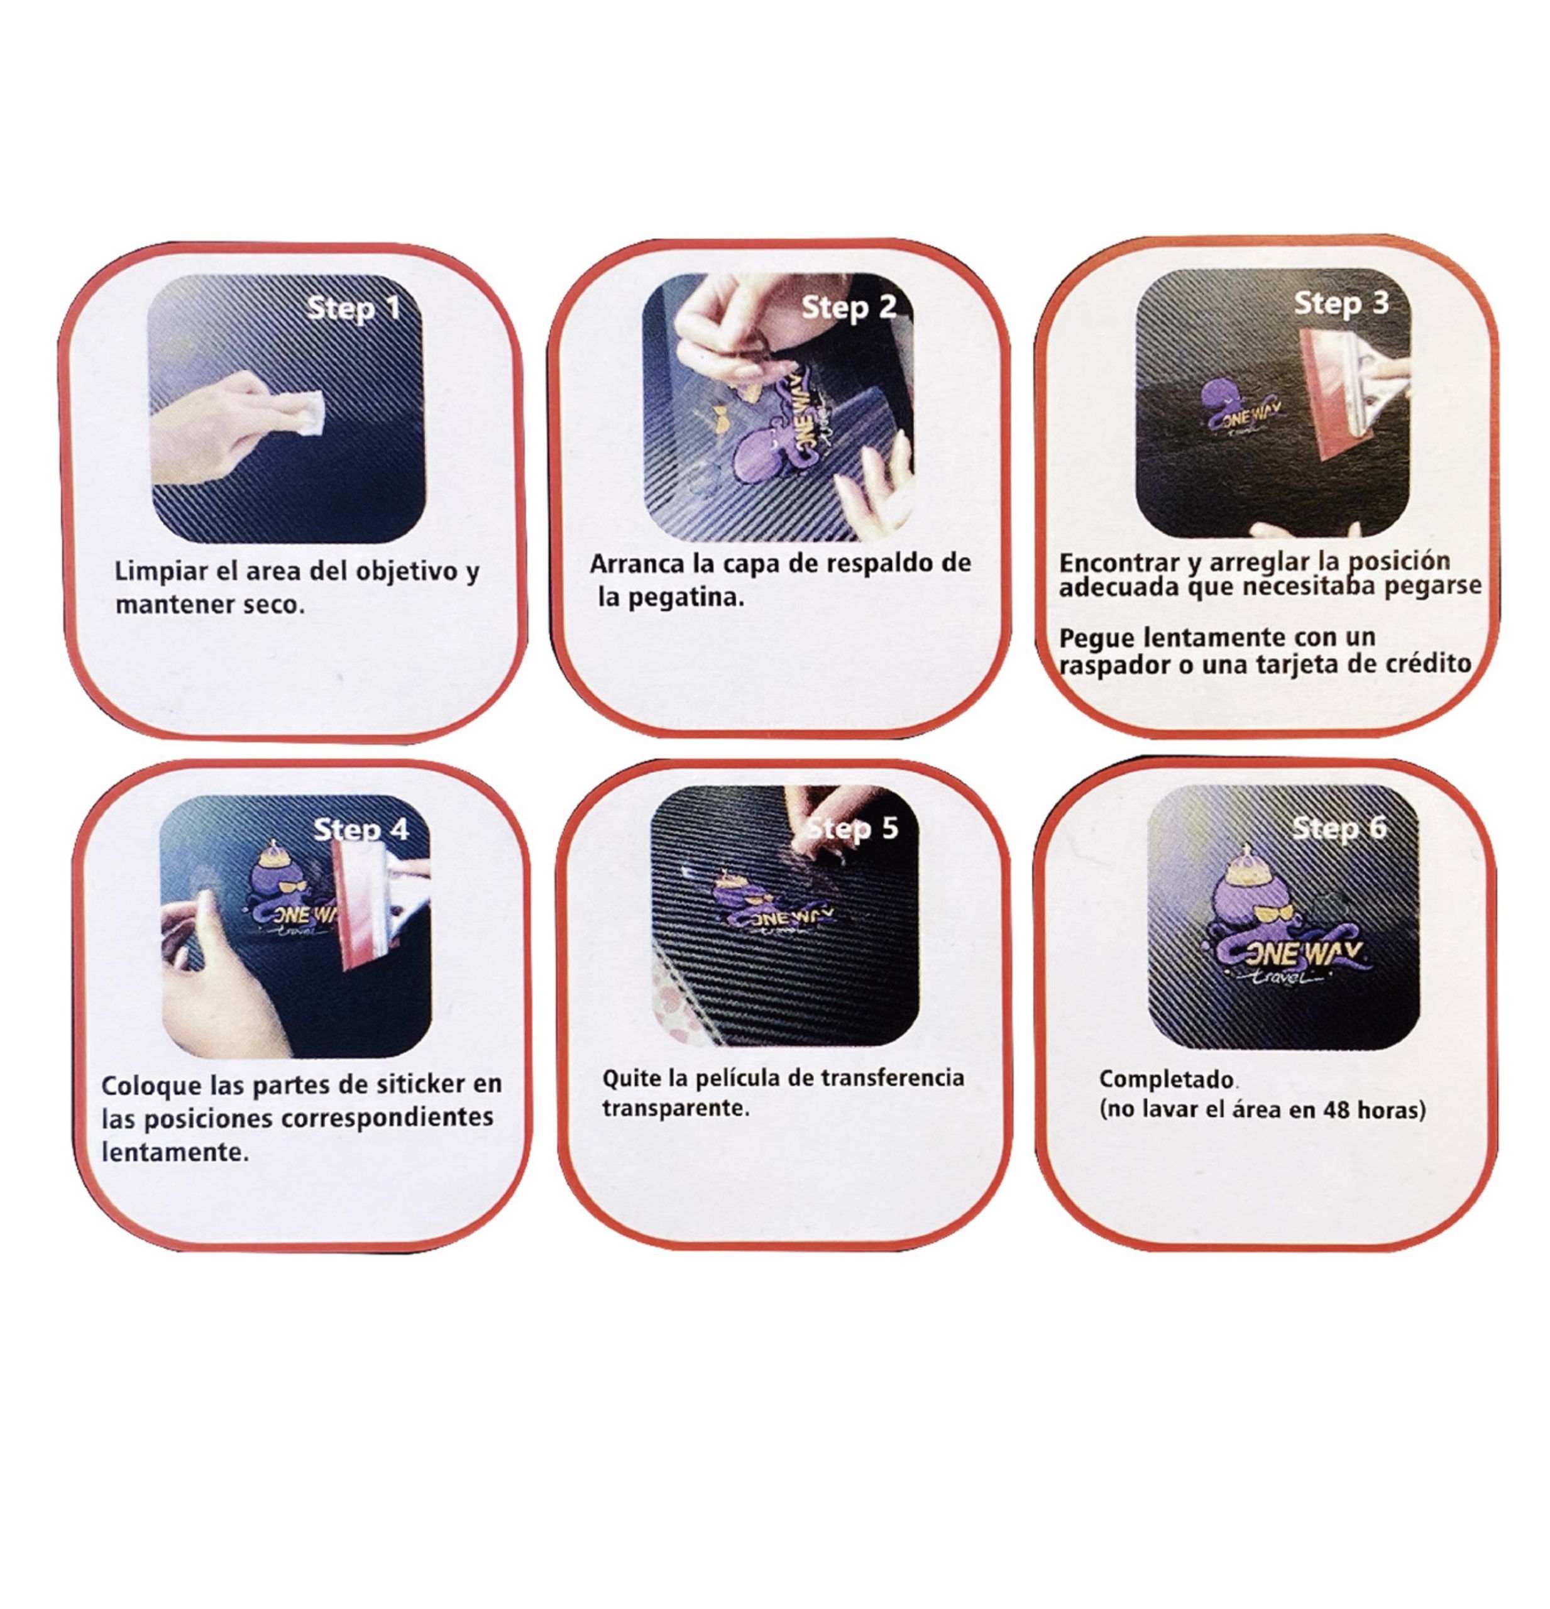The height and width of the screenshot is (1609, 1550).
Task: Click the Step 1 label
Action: [x=355, y=309]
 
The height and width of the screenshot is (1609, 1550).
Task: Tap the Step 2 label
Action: [x=849, y=308]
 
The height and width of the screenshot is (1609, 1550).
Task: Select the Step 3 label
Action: [x=1341, y=304]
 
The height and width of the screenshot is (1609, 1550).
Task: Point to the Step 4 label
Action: [x=361, y=829]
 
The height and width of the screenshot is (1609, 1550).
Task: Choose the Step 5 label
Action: [x=852, y=828]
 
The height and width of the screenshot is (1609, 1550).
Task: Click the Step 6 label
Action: [x=1339, y=828]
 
